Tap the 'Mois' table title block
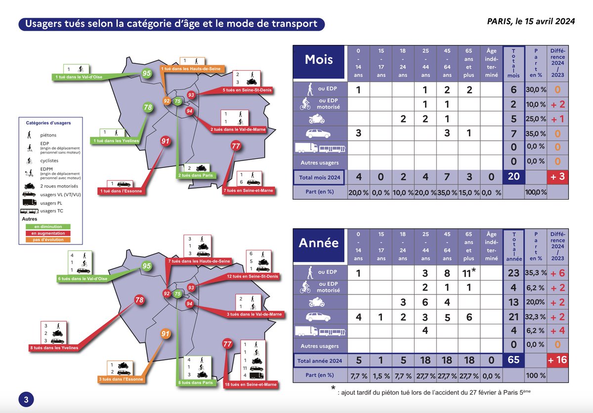(x=319, y=60)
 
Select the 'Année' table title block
(x=319, y=243)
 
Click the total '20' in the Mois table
(x=514, y=176)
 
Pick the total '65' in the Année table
(x=514, y=360)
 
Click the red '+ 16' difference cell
(x=557, y=360)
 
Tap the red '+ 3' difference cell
(x=557, y=176)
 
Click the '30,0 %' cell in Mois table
(x=535, y=90)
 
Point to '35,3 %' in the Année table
(x=535, y=273)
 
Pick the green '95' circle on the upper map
(x=147, y=74)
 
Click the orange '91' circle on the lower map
(x=166, y=334)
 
